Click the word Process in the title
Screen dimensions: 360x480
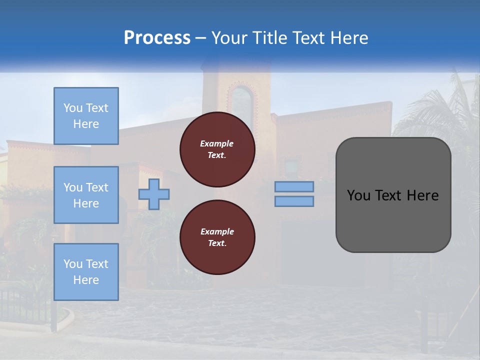pyautogui.click(x=157, y=38)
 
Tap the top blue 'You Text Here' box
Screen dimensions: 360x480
pyautogui.click(x=86, y=116)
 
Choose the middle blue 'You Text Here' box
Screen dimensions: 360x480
pyautogui.click(x=86, y=195)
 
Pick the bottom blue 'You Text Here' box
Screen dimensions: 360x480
pyautogui.click(x=86, y=272)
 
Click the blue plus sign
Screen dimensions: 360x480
pyautogui.click(x=154, y=194)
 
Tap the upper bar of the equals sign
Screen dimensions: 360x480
pyautogui.click(x=294, y=186)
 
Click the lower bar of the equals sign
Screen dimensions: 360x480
pyautogui.click(x=294, y=201)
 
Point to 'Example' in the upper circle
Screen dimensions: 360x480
pyautogui.click(x=216, y=143)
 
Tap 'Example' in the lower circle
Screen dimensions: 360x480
pyautogui.click(x=217, y=231)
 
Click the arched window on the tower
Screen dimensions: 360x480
pyautogui.click(x=242, y=107)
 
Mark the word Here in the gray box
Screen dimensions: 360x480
pyautogui.click(x=423, y=195)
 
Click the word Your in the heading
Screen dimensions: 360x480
pyautogui.click(x=228, y=38)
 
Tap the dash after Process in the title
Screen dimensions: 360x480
pyautogui.click(x=200, y=38)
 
